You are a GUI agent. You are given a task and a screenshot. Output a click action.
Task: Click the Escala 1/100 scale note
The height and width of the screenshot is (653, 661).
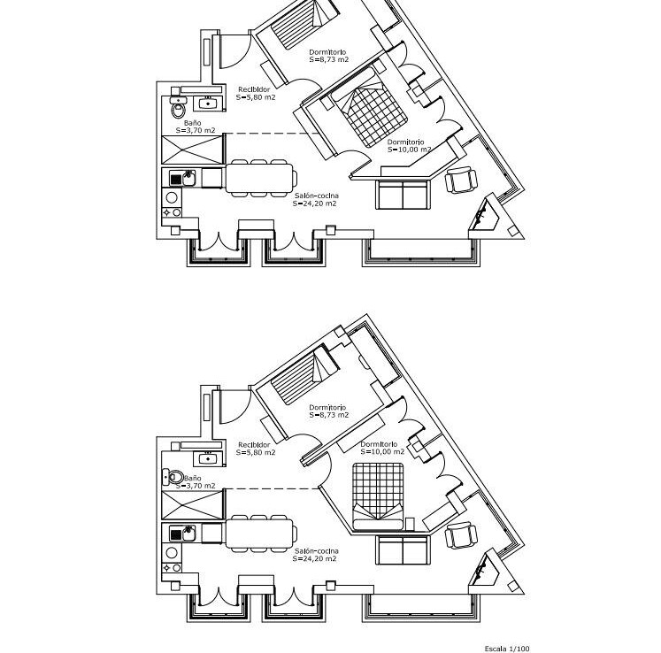pyautogui.click(x=507, y=649)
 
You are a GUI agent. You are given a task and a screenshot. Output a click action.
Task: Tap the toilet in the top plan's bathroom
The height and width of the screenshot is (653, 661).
pyautogui.click(x=179, y=107)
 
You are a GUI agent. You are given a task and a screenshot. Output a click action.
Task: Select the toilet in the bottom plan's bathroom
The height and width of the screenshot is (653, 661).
pyautogui.click(x=173, y=477)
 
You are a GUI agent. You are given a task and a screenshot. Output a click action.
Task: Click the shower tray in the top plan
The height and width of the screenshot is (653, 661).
pyautogui.click(x=193, y=150)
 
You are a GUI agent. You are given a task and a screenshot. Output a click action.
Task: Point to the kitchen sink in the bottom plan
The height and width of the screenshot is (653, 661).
pyautogui.click(x=182, y=534)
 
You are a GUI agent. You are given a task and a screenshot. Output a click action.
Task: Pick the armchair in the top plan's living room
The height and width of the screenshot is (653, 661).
pyautogui.click(x=462, y=180)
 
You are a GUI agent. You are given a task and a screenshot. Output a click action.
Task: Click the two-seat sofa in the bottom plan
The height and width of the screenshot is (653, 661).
pyautogui.click(x=403, y=549)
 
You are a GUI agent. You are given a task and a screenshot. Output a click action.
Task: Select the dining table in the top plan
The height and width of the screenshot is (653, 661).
pyautogui.click(x=260, y=178)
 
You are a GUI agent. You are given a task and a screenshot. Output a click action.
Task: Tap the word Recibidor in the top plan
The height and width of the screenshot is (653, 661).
pyautogui.click(x=254, y=89)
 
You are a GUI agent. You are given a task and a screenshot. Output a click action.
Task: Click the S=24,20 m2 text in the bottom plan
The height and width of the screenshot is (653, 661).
pyautogui.click(x=314, y=558)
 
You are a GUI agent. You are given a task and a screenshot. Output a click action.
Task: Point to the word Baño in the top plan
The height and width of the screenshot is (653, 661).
pyautogui.click(x=193, y=123)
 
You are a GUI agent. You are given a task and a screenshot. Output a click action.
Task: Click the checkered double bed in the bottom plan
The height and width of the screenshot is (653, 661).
pyautogui.click(x=378, y=496)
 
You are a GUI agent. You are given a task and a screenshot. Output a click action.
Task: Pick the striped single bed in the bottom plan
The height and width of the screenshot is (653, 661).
pyautogui.click(x=304, y=376)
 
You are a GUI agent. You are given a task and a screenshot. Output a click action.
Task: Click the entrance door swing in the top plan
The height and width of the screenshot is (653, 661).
pyautogui.click(x=235, y=51)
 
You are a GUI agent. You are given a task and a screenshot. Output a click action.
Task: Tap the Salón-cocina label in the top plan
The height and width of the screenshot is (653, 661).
pyautogui.click(x=317, y=196)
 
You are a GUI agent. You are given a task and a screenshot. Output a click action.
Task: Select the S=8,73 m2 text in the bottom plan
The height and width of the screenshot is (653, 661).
pyautogui.click(x=329, y=415)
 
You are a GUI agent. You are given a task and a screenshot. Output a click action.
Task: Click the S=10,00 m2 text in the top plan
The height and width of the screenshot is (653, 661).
pyautogui.click(x=410, y=150)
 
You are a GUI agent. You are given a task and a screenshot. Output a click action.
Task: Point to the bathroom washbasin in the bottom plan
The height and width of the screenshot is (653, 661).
pyautogui.click(x=208, y=457)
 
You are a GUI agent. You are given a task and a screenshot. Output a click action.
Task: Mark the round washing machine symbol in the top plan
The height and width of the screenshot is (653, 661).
pyautogui.click(x=172, y=197)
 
